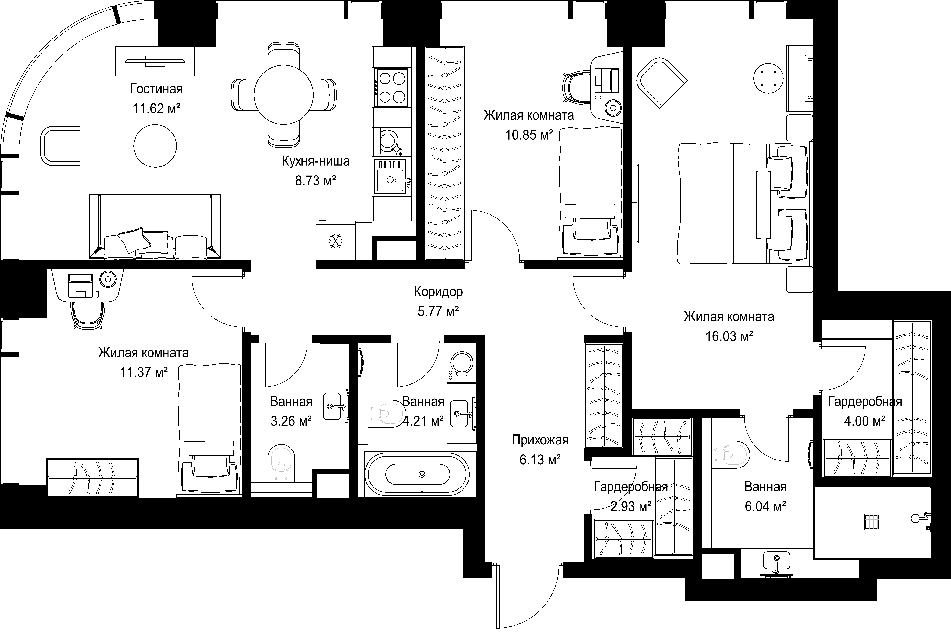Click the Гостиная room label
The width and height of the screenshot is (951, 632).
156,89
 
